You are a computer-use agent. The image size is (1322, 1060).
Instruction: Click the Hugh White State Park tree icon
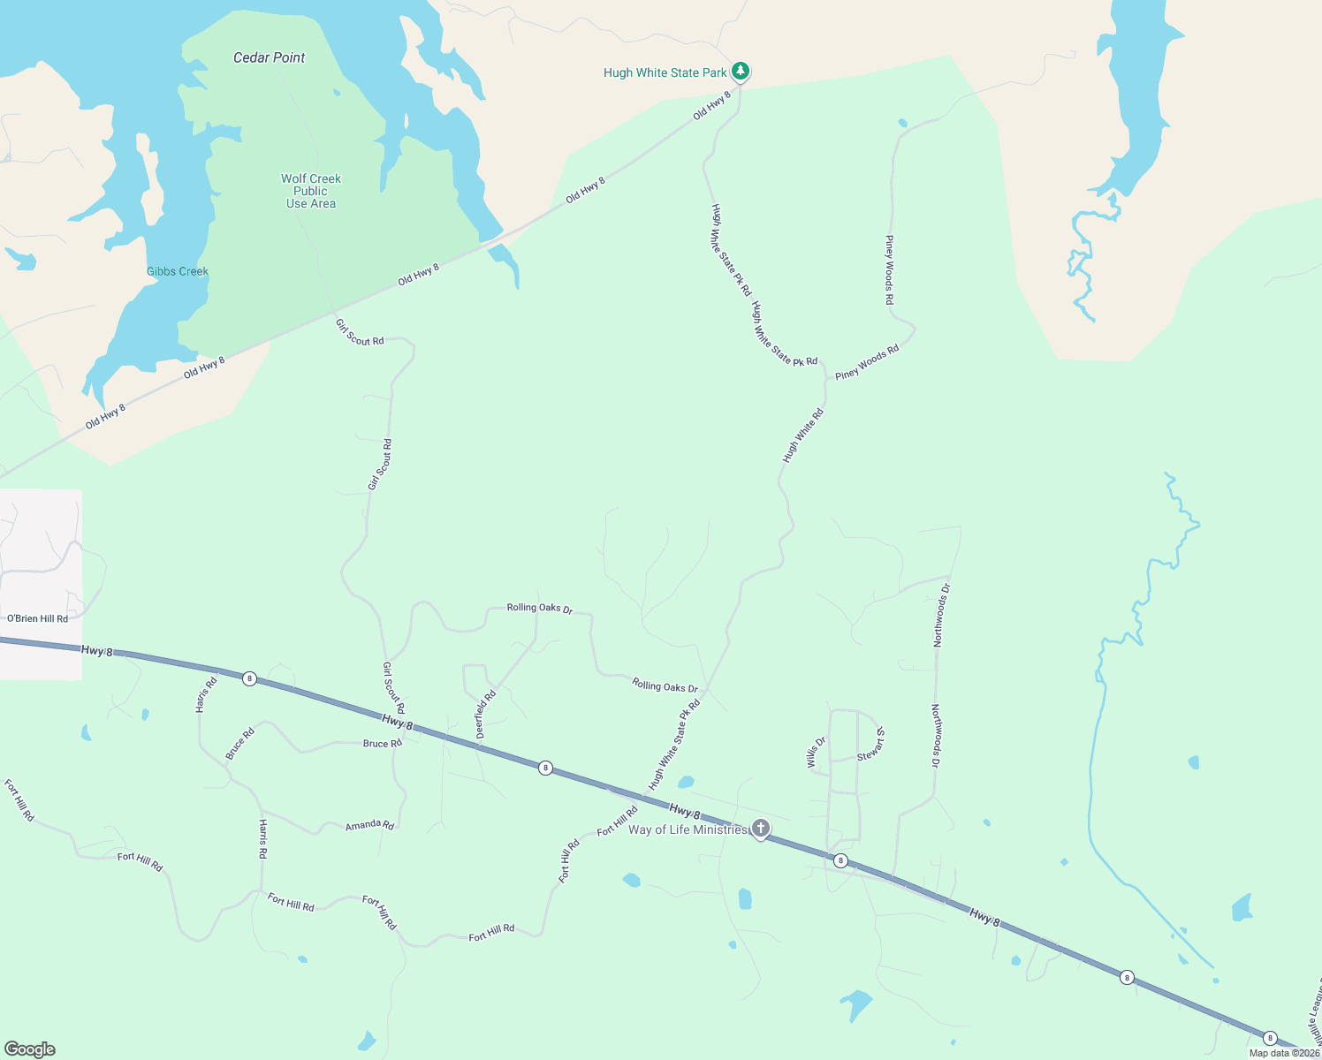coord(741,71)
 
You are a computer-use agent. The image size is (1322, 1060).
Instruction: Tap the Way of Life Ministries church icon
coord(760,829)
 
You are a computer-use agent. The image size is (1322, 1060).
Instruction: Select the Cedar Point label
coord(269,57)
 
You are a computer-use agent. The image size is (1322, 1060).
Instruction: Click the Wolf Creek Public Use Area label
coord(311,191)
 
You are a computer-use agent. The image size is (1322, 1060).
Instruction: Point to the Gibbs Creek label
coord(178,271)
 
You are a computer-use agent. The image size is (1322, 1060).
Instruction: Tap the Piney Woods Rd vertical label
coord(890,270)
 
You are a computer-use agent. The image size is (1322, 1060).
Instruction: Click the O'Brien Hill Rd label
coord(37,618)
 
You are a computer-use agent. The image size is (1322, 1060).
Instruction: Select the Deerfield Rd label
coord(486,714)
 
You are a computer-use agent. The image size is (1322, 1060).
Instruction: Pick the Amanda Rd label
coord(369,825)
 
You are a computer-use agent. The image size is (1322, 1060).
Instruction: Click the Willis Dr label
coord(817,753)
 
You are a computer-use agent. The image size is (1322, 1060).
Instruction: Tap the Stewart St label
coord(871,744)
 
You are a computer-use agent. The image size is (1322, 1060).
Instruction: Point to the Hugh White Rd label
coord(803,435)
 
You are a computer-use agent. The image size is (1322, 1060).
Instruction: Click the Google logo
coord(30,1049)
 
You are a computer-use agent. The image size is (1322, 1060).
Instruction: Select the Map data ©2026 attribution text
coord(1284,1053)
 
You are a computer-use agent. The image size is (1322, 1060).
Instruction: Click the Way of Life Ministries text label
coord(688,829)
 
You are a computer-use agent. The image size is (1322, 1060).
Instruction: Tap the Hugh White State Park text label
coord(665,72)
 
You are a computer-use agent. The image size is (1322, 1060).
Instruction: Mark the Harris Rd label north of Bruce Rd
coord(206,694)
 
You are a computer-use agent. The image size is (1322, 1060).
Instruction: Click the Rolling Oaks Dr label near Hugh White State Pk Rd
coord(665,685)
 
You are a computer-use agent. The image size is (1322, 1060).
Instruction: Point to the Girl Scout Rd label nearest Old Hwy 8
coord(360,332)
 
